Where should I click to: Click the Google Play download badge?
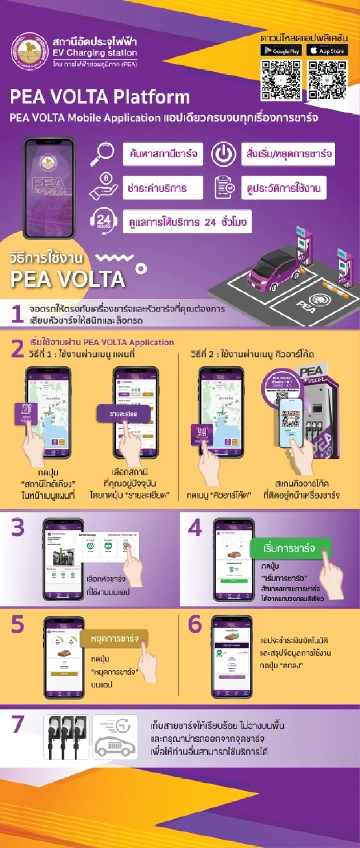pos(282,50)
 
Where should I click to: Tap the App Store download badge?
pos(327,50)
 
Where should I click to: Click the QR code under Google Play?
pos(281,80)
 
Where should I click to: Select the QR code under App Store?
pos(327,80)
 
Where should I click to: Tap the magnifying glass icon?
pos(102,153)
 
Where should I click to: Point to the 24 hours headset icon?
pos(103,221)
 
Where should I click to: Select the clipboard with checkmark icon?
pos(224,187)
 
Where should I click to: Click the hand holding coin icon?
pos(103,186)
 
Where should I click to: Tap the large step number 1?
pos(17,314)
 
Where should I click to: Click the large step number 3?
pos(18,527)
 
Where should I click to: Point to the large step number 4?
pos(195,527)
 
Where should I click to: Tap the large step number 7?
pos(18,724)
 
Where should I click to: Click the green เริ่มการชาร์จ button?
pos(289,548)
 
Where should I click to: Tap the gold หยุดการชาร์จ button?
pos(114,638)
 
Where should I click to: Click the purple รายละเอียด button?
pos(123,414)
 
